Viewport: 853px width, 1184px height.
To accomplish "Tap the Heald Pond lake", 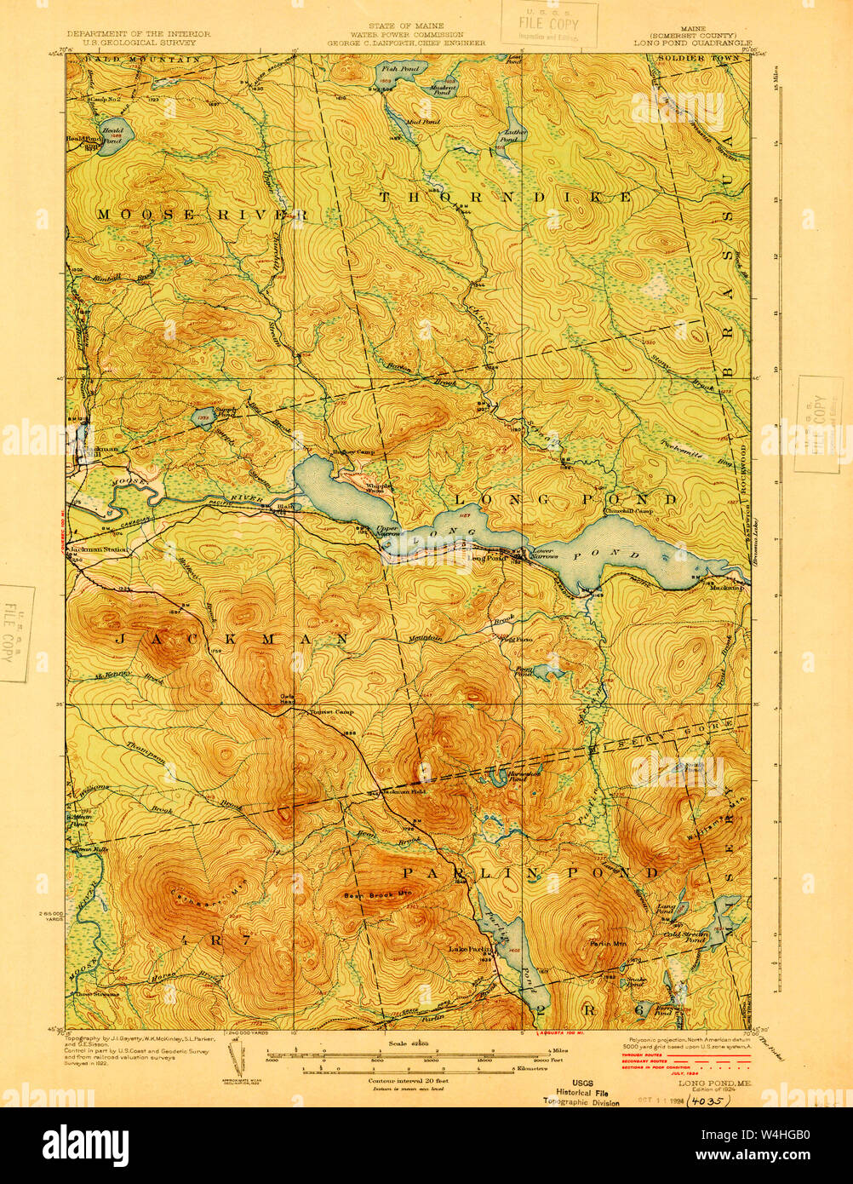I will (x=111, y=136).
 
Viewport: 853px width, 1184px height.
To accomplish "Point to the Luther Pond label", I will (x=515, y=132).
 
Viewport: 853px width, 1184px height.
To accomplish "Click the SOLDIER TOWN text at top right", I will (x=690, y=60).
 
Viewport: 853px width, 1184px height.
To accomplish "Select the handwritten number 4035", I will (x=708, y=1100).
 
